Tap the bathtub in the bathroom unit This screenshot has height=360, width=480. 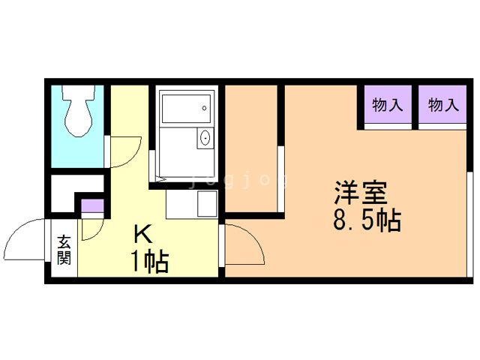tap(186, 109)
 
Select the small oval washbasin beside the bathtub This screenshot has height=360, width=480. tap(205, 138)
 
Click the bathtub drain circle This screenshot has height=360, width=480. tap(204, 108)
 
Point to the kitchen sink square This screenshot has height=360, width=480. tap(207, 203)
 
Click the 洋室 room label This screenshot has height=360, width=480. tap(361, 193)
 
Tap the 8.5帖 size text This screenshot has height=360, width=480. tap(367, 220)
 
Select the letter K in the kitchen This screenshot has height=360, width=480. tap(142, 235)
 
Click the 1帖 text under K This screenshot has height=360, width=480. tap(150, 261)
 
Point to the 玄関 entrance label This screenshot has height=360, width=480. tap(64, 250)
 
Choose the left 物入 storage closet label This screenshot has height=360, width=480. tap(387, 105)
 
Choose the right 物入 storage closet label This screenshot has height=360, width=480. tap(443, 105)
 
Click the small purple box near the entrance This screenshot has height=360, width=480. tap(92, 205)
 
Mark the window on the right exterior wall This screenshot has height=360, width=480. tap(470, 224)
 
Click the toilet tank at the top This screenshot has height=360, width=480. tap(79, 92)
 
